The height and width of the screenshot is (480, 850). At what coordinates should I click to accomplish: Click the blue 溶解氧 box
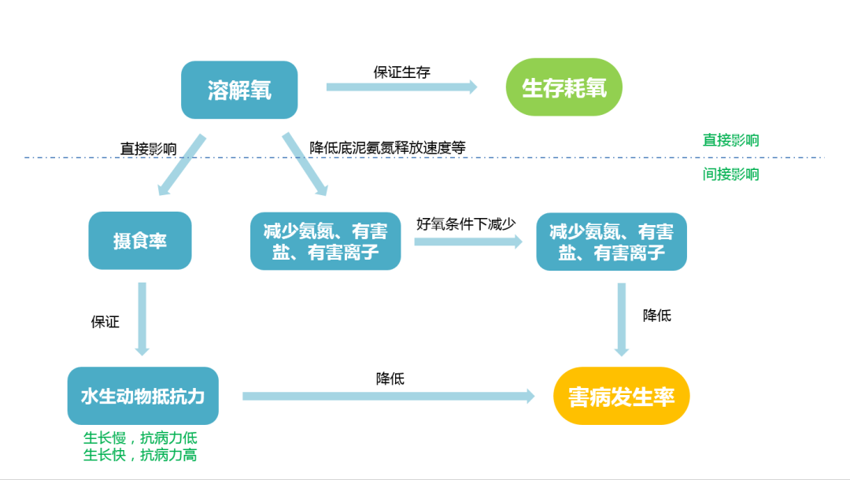pos(239,90)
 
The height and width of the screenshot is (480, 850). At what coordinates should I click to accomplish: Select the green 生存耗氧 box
pos(564,87)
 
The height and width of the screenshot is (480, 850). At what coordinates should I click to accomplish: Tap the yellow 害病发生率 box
pos(621,396)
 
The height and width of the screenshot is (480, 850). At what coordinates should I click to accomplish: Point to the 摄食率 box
pos(140,240)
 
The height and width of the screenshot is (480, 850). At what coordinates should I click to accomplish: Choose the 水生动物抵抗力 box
pos(142,396)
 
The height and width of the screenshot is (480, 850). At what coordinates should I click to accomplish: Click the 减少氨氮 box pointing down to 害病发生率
pos(612,242)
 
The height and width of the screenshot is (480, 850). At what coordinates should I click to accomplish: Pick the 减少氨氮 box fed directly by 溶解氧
pos(325,242)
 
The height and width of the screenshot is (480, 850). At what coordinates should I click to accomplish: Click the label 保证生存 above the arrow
pos(401,72)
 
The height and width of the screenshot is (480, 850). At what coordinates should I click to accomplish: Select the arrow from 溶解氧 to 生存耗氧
pos(401,87)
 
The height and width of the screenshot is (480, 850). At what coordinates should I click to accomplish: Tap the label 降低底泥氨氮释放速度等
pos(387,147)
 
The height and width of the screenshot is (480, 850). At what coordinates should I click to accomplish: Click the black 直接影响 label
pos(148,148)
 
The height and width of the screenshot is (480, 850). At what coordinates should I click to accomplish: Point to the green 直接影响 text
pos(730,140)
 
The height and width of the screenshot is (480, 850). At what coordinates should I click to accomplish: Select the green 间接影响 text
pos(730,174)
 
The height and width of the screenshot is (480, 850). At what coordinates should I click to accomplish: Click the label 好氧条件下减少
pos(466,223)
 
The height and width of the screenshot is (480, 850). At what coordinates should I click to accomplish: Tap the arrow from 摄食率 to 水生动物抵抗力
pos(142,319)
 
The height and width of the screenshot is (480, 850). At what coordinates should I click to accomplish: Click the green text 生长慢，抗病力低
pos(140,438)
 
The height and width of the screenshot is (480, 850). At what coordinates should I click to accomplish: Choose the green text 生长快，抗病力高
pos(140,455)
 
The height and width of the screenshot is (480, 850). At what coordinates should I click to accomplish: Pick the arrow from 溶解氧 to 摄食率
pos(181,165)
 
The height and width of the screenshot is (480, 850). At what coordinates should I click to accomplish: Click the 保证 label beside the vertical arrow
pos(105,321)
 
